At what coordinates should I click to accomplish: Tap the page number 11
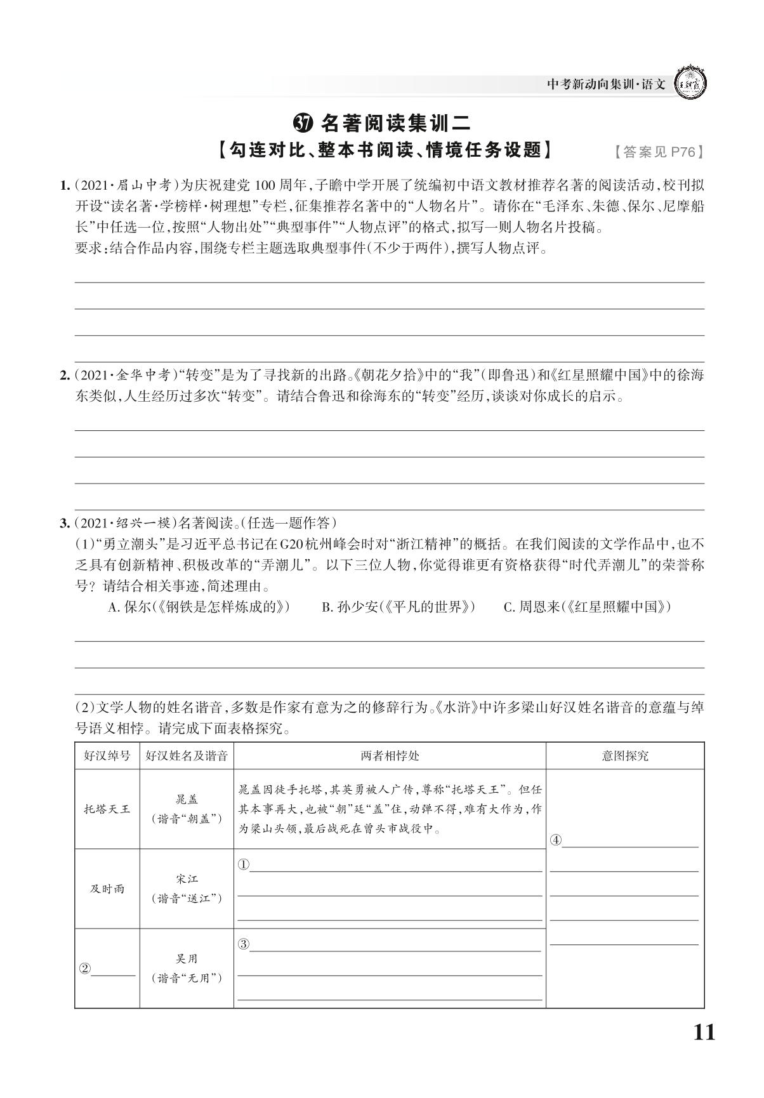[x=704, y=1033]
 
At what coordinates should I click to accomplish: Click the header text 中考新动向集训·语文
[x=606, y=84]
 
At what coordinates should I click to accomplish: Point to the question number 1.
[x=63, y=186]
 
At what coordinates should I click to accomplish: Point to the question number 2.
[x=63, y=375]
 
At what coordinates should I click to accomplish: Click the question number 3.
[x=63, y=524]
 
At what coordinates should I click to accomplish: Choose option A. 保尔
[x=199, y=607]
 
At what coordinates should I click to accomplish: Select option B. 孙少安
[x=398, y=607]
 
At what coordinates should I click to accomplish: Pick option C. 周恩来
[x=587, y=607]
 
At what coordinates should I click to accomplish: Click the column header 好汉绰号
[x=107, y=756]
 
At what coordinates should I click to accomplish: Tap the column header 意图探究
[x=625, y=756]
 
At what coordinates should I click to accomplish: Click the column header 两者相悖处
[x=390, y=756]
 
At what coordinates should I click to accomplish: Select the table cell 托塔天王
[x=107, y=809]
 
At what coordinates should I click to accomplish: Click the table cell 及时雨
[x=107, y=889]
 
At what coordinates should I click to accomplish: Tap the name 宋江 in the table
[x=187, y=879]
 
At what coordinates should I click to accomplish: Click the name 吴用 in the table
[x=187, y=959]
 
